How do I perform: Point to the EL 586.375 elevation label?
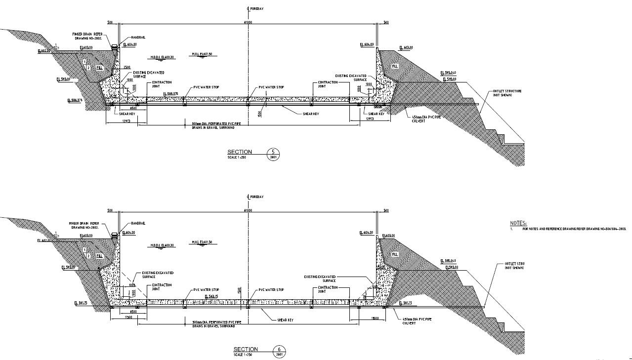point(76,100)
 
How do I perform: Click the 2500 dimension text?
point(126,68)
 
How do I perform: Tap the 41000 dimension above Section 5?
point(248,23)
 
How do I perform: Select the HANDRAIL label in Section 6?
point(138,223)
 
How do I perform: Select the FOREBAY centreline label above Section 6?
point(256,197)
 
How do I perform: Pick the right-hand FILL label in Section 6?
point(394,254)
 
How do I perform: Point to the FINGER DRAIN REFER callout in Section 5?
point(88,35)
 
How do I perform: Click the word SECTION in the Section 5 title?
point(240,152)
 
